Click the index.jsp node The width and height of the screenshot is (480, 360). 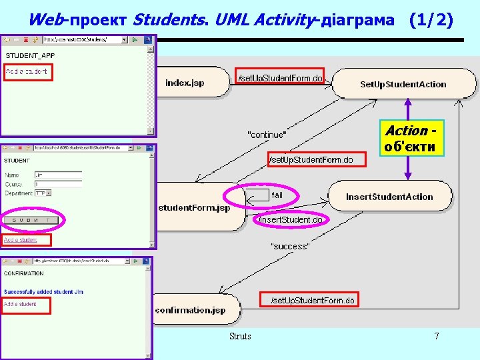[185, 83]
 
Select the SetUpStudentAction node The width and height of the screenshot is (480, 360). [403, 84]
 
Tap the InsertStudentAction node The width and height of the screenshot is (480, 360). [389, 197]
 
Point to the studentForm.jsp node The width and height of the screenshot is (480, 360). [194, 207]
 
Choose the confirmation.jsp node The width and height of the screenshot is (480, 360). [190, 310]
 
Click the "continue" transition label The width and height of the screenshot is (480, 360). [267, 135]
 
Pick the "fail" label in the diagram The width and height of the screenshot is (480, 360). [277, 195]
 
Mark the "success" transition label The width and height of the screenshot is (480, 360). [289, 246]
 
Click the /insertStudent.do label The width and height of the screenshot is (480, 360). [291, 220]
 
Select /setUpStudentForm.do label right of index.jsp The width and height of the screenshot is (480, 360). [281, 79]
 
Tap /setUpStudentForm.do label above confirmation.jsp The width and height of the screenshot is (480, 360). [312, 301]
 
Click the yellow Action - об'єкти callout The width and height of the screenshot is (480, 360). [411, 139]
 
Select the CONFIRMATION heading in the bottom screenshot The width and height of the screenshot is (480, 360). [23, 273]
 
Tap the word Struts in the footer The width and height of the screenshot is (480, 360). [240, 337]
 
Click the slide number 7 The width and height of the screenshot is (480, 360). [437, 337]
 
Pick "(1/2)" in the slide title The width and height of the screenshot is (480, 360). [431, 20]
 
